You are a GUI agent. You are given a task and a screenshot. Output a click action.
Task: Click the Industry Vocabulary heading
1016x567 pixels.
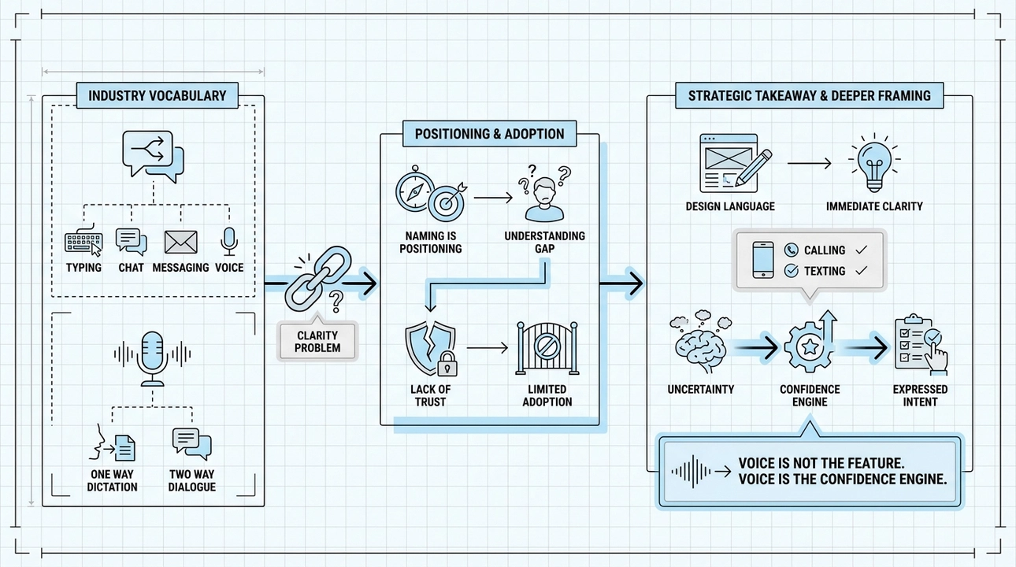[157, 96]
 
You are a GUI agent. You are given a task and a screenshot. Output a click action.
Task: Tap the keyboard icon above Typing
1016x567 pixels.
[83, 240]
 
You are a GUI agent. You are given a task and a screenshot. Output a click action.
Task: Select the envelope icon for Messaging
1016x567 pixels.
[180, 243]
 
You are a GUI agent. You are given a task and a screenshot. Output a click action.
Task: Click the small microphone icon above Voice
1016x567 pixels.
[229, 242]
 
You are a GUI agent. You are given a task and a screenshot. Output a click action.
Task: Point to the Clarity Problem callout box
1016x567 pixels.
[317, 341]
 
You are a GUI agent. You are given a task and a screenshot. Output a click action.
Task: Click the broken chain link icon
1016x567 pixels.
[318, 278]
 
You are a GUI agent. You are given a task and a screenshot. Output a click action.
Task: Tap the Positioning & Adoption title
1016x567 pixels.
[489, 134]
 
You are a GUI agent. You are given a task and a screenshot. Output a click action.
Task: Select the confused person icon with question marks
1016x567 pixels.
[545, 195]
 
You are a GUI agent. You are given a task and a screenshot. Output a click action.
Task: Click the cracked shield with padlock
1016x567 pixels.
[431, 348]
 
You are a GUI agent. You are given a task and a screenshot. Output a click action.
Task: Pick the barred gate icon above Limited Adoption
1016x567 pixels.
[547, 348]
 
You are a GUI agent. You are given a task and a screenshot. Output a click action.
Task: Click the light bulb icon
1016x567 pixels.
[874, 163]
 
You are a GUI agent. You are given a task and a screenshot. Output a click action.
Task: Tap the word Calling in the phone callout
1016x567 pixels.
[825, 250]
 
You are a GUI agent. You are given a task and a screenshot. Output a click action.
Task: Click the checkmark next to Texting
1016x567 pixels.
[862, 271]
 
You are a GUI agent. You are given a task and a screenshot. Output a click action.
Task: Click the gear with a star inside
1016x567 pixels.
[810, 347]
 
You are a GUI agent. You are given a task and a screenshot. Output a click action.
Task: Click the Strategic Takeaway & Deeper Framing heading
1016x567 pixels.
[809, 96]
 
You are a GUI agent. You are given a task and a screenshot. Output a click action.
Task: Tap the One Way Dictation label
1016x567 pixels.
[112, 481]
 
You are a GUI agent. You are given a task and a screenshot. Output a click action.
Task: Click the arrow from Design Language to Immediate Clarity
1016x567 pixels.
[810, 163]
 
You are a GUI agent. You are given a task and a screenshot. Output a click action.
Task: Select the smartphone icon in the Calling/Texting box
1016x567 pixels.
[763, 260]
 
